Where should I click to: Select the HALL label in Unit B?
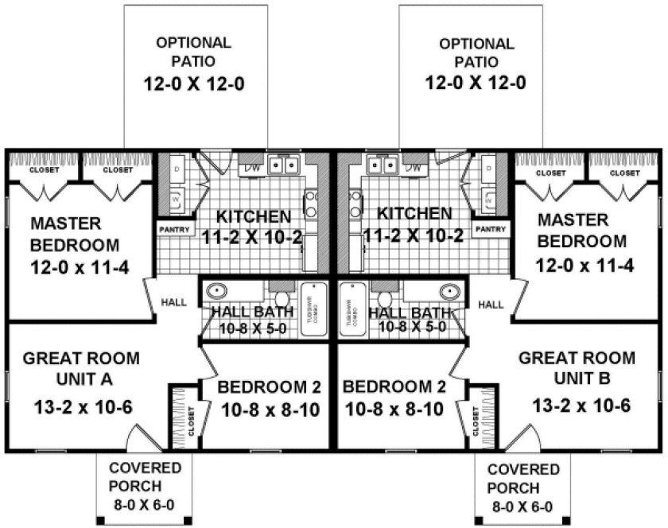[491, 304]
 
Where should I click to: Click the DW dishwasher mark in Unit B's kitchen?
[413, 167]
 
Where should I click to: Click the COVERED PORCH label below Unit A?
[146, 477]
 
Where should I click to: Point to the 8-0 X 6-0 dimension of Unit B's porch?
[521, 506]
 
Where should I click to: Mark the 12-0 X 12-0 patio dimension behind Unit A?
[193, 81]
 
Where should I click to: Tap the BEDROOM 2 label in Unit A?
[269, 387]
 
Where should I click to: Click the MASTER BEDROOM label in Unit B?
[584, 230]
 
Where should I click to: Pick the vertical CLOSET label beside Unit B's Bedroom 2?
[476, 417]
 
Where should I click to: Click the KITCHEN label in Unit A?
[253, 215]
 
